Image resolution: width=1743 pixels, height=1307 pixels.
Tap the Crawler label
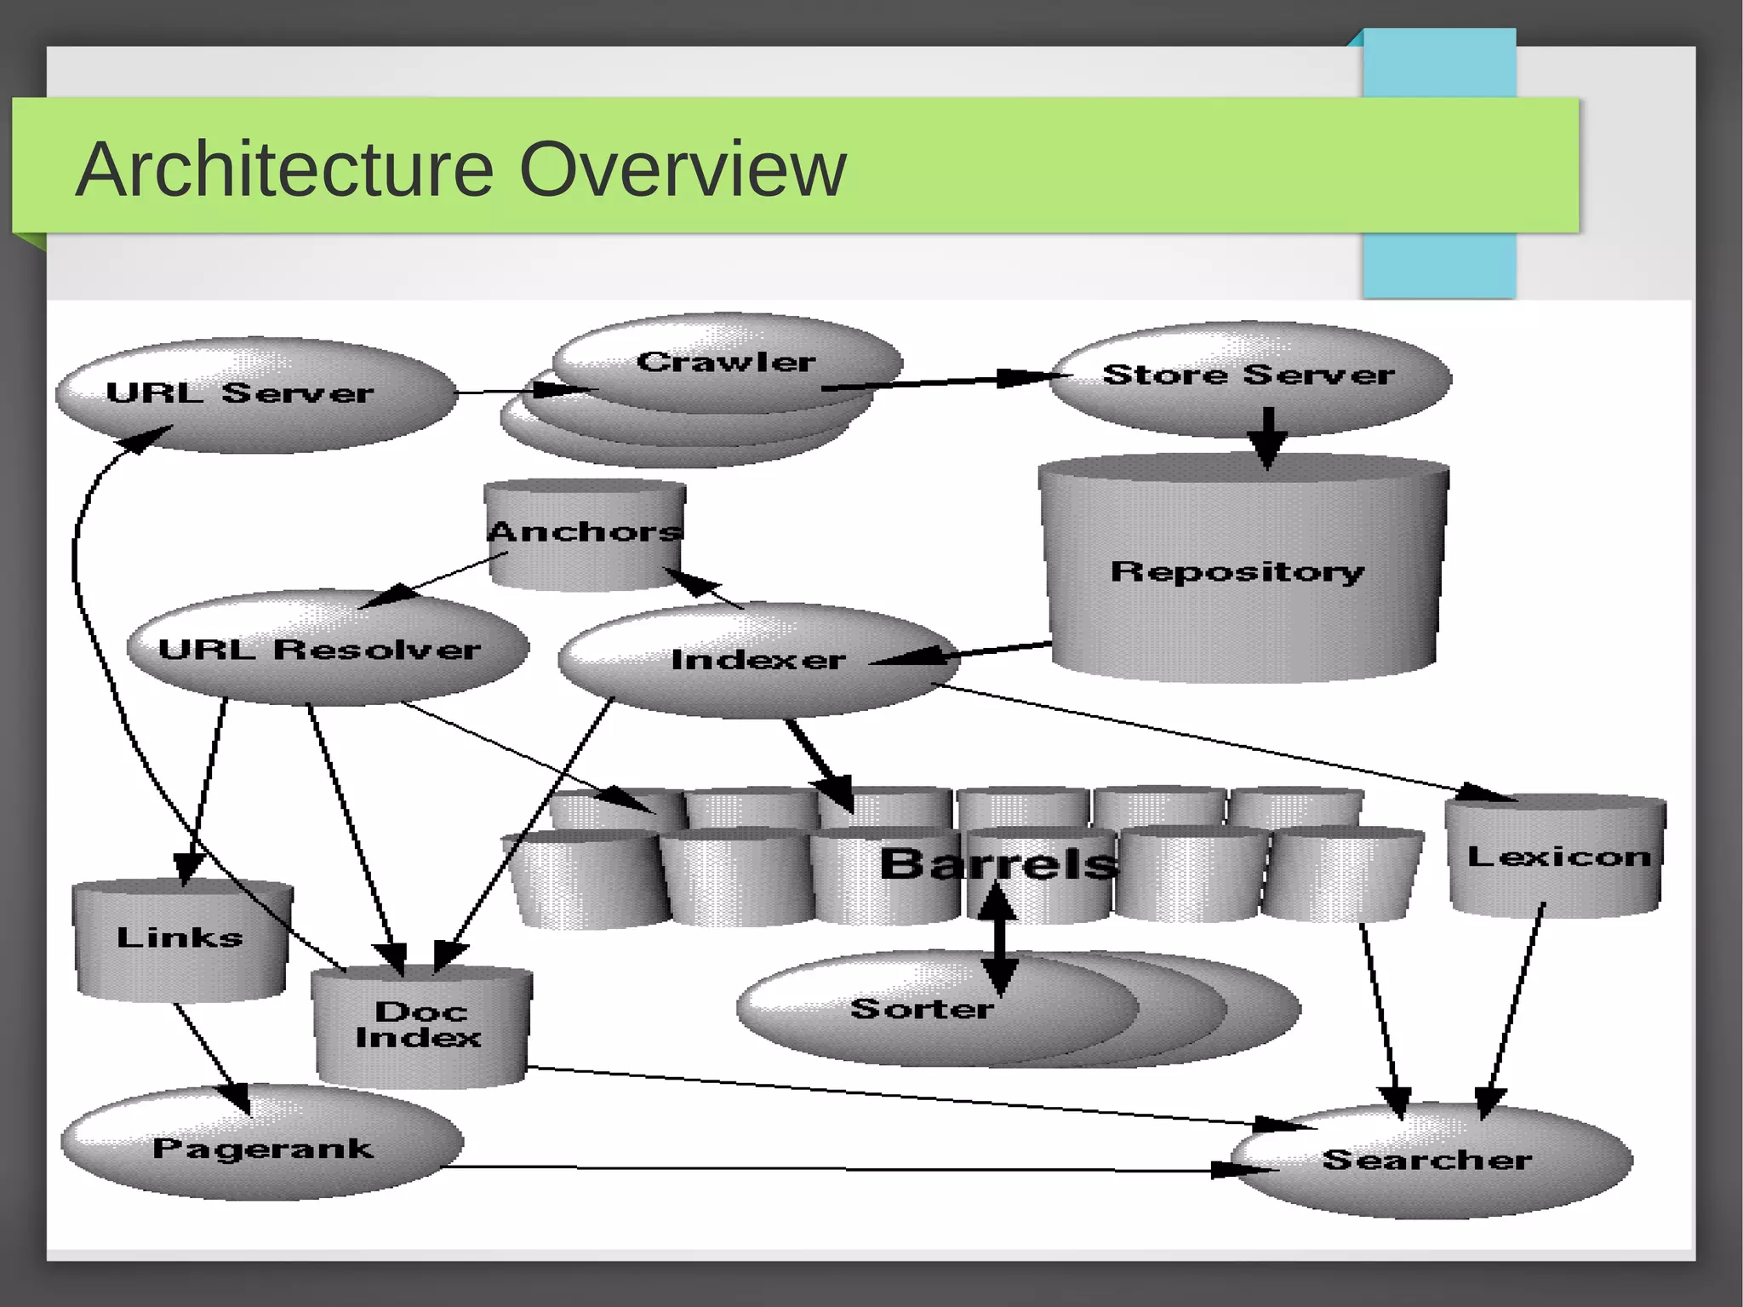coord(726,362)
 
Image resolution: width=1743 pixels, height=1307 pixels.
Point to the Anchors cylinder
coord(585,532)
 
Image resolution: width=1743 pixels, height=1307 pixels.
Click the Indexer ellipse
coord(757,660)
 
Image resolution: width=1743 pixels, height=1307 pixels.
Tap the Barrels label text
coord(998,863)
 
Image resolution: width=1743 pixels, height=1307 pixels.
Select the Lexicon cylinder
coord(1557,856)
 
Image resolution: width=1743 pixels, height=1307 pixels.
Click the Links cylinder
coord(180,937)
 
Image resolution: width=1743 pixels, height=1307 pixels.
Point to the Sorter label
coord(921,1009)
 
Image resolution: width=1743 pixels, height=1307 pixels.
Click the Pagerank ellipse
coord(262,1148)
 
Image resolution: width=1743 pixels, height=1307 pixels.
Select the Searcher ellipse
coord(1427,1160)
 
